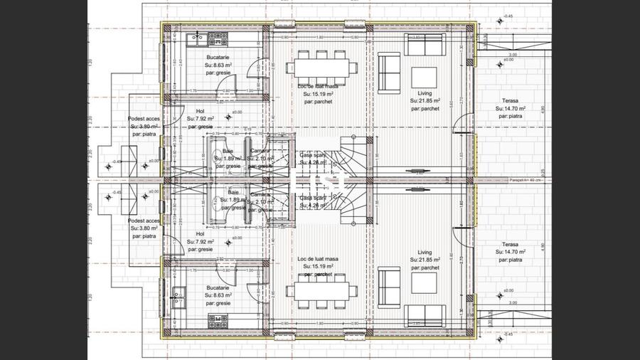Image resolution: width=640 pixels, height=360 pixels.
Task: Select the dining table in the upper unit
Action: tap(322, 68)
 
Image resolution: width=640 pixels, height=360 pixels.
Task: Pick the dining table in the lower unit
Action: tap(322, 293)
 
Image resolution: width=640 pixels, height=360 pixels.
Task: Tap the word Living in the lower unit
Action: tap(425, 252)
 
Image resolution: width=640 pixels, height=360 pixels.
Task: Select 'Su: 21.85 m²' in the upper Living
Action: tap(425, 101)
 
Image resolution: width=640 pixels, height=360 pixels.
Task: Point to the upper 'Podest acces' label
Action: tap(142, 118)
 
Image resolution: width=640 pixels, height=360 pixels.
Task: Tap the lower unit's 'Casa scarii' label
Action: tap(312, 198)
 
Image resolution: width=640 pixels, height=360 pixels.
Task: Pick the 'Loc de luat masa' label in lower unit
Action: tap(318, 258)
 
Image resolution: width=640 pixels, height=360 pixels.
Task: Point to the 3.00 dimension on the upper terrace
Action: tap(513, 54)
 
